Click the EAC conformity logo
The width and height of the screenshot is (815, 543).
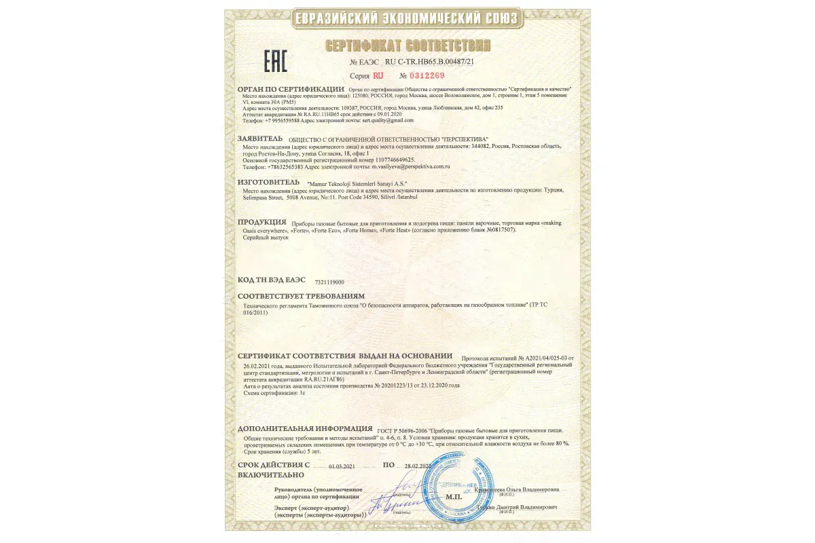click(x=275, y=60)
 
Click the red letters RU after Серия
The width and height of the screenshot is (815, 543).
click(x=378, y=75)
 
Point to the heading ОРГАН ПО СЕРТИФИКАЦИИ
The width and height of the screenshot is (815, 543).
click(x=291, y=89)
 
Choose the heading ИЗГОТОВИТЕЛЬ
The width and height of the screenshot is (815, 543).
click(x=268, y=183)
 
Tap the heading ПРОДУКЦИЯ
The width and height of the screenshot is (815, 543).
click(x=261, y=222)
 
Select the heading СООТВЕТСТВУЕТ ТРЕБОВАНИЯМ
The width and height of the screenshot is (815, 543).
click(x=301, y=297)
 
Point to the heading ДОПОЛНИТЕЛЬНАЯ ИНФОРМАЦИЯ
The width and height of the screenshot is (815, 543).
click(x=305, y=430)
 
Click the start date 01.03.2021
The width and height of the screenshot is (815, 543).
click(x=342, y=466)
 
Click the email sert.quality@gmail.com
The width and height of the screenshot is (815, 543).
click(x=388, y=120)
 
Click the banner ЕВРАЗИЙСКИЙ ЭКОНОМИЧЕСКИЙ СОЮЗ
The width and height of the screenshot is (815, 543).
click(x=407, y=18)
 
